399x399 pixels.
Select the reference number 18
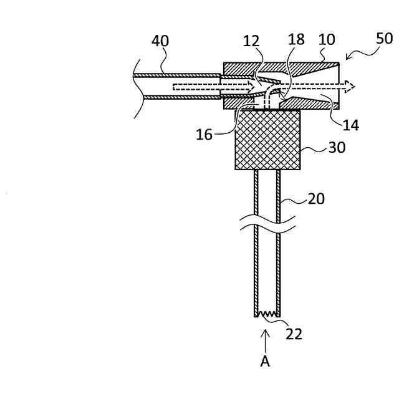296,40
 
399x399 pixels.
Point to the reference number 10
326,40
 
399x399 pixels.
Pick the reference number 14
351,125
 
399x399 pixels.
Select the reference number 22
294,334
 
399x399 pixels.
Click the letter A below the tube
266,362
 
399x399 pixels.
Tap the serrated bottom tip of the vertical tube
267,314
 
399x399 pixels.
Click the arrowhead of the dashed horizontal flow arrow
351,86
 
